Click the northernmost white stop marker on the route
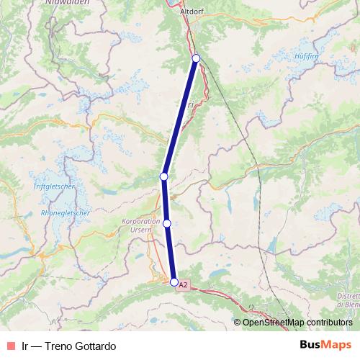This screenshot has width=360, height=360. pos(196,58)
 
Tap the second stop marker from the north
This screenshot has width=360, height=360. pos(164,176)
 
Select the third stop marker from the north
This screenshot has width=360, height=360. pos(167,224)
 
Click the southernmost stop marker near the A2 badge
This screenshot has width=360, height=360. pos(174,282)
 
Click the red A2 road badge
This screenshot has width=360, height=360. pos(183,285)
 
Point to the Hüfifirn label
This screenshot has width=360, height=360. pos(306,55)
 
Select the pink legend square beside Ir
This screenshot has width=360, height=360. pos(11,346)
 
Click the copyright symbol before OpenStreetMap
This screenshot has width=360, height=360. pos(237,323)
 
